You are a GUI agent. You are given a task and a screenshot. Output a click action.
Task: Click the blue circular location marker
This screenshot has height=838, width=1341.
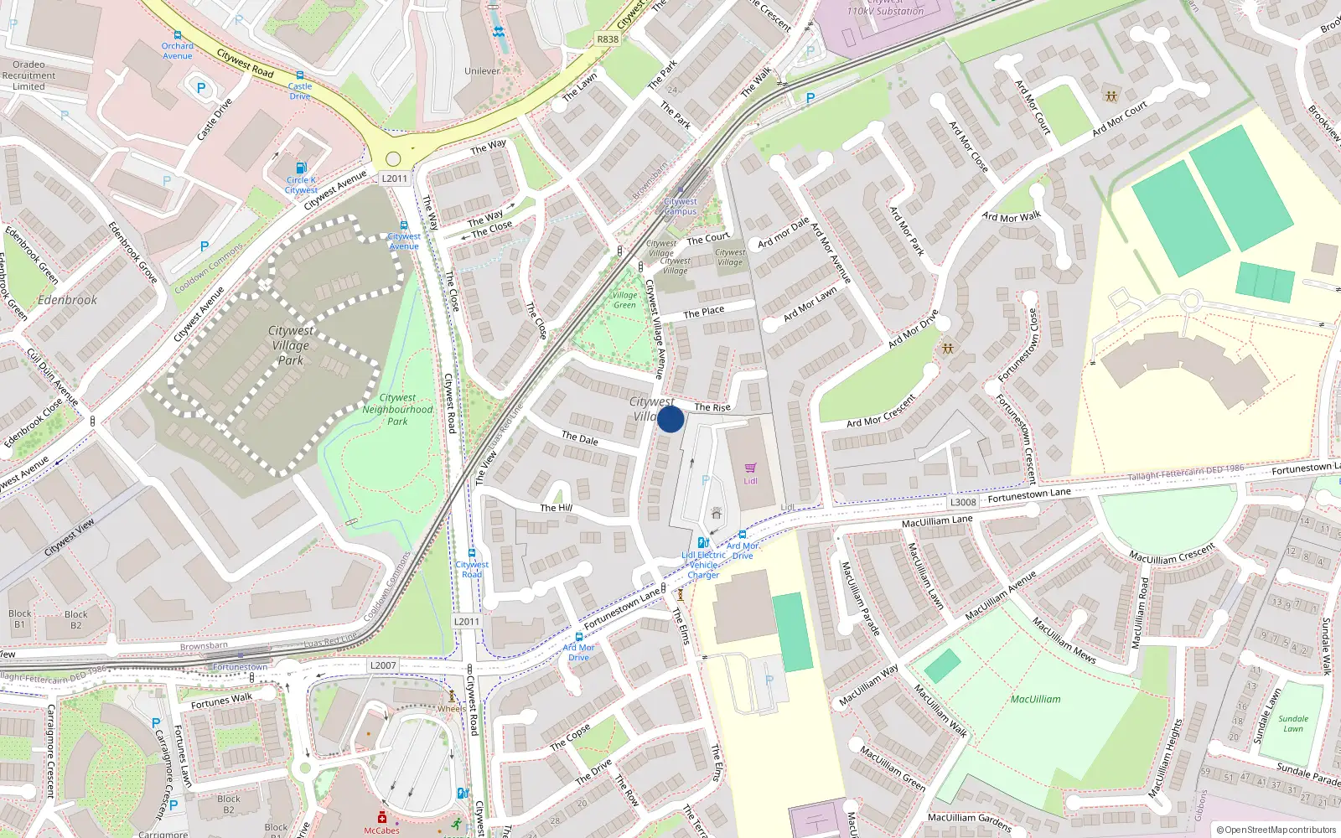point(670,419)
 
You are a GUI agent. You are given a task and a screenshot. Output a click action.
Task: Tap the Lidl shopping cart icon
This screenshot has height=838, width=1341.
point(750,468)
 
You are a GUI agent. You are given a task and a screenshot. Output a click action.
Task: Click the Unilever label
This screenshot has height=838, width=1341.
point(482,71)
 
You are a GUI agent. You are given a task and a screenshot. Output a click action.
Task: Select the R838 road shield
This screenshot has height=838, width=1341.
point(608,39)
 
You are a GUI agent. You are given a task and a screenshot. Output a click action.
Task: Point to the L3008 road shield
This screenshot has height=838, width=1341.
point(963,502)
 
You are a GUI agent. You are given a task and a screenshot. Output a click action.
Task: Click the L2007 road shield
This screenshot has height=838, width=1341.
point(383,665)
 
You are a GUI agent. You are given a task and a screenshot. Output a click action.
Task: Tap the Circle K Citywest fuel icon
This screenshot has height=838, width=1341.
point(302,168)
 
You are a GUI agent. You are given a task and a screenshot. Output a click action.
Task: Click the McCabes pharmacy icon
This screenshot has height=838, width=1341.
point(382,817)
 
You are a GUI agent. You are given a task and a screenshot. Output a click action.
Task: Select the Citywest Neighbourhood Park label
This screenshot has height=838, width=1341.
point(397,410)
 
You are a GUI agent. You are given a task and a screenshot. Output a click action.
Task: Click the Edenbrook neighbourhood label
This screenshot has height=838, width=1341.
point(67,300)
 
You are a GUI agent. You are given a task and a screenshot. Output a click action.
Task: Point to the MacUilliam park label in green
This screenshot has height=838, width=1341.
point(1035,699)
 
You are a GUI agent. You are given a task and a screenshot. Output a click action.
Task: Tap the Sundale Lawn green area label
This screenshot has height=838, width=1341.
point(1293,723)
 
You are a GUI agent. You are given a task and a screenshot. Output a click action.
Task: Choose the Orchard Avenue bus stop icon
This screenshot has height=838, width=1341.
point(178,36)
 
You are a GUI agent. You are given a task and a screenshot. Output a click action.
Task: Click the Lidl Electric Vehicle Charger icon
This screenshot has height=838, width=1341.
point(703,542)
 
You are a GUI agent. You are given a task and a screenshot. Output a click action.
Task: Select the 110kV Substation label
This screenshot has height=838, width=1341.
point(885,11)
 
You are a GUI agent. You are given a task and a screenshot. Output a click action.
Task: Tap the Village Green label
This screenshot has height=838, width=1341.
point(624,300)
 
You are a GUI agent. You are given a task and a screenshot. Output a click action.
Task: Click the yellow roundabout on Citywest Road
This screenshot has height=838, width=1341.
point(393,159)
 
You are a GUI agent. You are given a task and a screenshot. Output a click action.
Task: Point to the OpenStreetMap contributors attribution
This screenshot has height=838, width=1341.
point(1276,830)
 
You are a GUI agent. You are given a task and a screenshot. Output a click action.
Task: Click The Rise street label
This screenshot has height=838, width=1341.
point(712,407)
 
